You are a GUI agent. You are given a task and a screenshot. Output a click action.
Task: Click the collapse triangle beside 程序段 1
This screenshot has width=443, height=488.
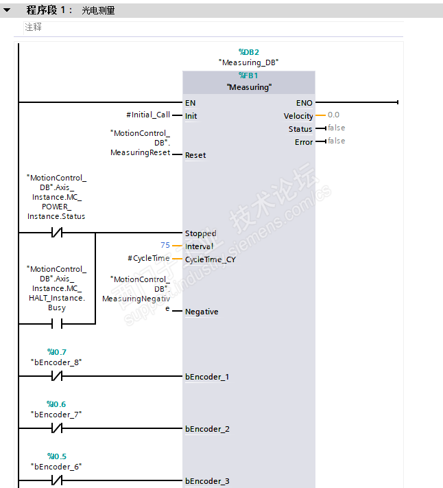(x=7, y=10)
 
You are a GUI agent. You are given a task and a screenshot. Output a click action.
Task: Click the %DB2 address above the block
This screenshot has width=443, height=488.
(x=248, y=51)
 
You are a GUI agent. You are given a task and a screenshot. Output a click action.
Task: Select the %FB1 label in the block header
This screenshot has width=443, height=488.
(x=248, y=75)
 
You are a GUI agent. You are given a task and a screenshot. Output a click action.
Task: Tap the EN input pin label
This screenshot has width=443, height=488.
(x=190, y=103)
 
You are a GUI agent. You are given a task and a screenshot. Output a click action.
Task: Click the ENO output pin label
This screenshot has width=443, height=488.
(x=304, y=103)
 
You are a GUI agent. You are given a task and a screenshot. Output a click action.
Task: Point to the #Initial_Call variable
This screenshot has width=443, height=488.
(x=148, y=115)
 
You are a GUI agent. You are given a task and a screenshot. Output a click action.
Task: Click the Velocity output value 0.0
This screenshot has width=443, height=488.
(x=333, y=115)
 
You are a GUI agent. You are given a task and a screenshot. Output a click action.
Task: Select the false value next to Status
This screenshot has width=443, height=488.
(x=336, y=128)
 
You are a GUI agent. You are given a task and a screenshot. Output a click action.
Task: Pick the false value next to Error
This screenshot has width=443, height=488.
(x=336, y=141)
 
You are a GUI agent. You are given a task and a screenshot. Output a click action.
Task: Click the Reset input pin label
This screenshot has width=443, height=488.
(x=195, y=155)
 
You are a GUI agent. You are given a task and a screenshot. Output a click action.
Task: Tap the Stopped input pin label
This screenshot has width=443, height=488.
(x=200, y=233)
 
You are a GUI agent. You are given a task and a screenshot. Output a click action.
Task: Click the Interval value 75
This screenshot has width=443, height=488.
(x=165, y=246)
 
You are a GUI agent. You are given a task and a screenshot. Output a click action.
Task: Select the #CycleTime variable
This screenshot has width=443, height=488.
(x=149, y=259)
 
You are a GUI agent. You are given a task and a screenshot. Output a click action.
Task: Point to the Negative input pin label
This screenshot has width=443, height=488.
(x=202, y=312)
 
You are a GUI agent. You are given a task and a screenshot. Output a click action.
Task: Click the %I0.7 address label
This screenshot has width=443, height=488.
(x=56, y=352)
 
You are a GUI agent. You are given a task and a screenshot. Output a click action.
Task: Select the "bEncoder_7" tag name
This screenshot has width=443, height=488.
(x=56, y=415)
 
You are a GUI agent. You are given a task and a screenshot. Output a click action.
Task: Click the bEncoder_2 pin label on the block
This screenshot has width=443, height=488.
(x=207, y=429)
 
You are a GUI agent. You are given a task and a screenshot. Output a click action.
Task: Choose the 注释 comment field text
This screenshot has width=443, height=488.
(x=33, y=27)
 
